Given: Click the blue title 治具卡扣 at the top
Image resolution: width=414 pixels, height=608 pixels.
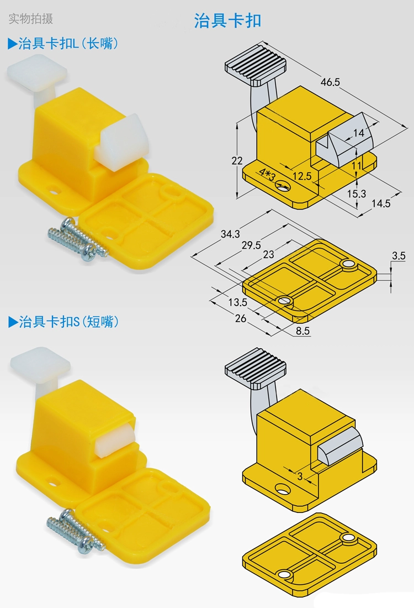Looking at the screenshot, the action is [x=227, y=20].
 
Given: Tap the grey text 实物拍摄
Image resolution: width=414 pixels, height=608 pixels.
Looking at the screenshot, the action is [x=30, y=18].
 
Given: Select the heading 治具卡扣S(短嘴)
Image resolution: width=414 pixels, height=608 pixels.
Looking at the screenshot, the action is [x=63, y=322].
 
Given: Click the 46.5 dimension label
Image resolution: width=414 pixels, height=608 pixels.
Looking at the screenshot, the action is [x=330, y=82].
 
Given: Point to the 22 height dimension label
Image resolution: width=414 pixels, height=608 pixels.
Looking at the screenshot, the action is [x=237, y=160].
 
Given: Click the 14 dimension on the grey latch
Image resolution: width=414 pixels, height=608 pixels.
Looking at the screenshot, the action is [x=359, y=133].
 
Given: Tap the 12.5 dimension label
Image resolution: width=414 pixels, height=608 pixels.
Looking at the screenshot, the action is [x=302, y=176].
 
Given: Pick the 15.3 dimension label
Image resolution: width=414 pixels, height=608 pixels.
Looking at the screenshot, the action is [x=356, y=193].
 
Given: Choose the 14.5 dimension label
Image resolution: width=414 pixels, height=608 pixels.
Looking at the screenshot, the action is [x=381, y=203].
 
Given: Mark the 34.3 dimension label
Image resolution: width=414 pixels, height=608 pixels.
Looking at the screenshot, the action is [x=230, y=234].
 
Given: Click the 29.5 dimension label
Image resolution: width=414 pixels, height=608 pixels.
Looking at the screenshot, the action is [x=251, y=245].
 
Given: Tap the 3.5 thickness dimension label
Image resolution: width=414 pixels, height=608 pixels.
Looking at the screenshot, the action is [x=399, y=255].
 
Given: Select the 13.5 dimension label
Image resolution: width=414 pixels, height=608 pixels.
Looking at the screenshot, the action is [x=237, y=302].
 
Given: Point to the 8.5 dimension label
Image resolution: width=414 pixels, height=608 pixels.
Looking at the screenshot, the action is [x=302, y=331].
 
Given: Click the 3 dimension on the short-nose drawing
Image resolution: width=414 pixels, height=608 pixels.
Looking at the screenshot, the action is [x=300, y=476].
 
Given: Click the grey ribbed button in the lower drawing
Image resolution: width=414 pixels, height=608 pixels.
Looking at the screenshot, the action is [x=255, y=368].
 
